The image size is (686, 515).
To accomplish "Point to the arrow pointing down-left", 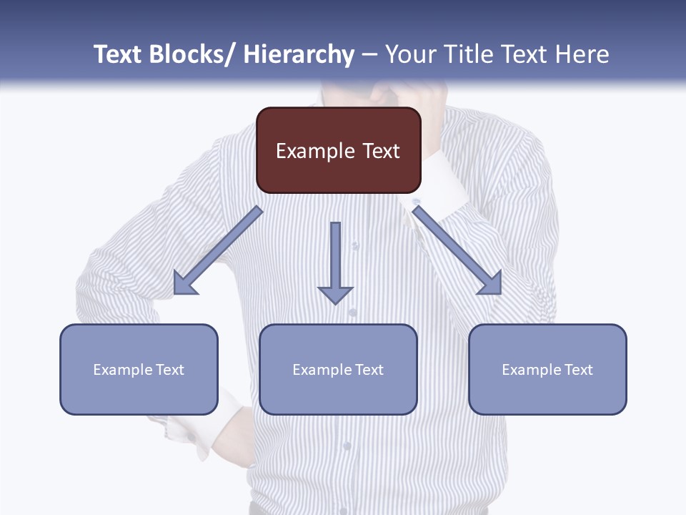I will [x=218, y=250].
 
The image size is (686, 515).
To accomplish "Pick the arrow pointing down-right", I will [x=457, y=250].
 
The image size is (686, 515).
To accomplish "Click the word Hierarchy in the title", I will [x=299, y=54].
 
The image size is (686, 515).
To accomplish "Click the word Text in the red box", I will [x=381, y=151].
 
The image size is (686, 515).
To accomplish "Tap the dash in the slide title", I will [x=369, y=54].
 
